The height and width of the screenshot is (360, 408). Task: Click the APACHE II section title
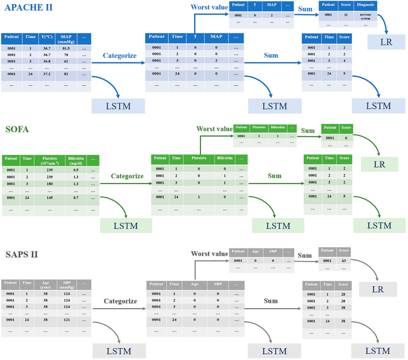(28, 8)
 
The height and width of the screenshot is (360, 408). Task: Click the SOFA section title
(18, 130)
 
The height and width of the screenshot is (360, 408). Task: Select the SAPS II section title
(22, 254)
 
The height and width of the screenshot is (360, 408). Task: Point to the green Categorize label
(127, 176)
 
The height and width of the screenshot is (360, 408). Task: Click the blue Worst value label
(209, 8)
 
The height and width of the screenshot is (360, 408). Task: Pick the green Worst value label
(214, 129)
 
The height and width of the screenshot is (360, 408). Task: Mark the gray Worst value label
(209, 254)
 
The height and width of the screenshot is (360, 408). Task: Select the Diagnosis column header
(365, 5)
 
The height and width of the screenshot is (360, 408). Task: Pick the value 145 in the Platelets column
(50, 197)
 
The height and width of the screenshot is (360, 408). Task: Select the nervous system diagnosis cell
(365, 17)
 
